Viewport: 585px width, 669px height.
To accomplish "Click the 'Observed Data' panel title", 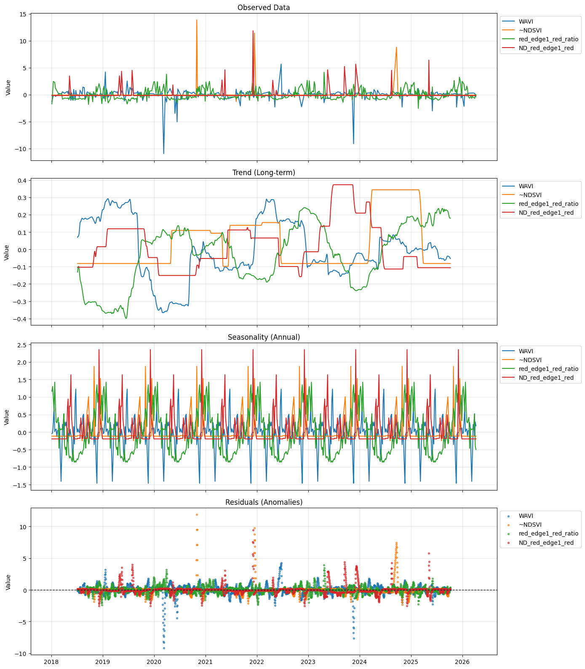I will click(264, 8).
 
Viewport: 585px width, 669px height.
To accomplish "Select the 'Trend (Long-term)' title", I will click(264, 173).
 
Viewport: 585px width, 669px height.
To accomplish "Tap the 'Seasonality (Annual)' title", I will click(264, 337).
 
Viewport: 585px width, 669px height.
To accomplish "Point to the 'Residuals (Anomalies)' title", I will click(264, 502).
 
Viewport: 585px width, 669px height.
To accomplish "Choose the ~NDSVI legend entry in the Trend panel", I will click(530, 195).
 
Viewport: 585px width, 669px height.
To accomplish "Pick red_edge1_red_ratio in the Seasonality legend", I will click(548, 369).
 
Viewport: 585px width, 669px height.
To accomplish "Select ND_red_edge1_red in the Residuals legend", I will click(546, 543).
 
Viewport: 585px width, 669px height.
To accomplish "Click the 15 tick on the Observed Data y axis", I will click(22, 14).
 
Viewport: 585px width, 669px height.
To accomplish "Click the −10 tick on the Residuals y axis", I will click(20, 653).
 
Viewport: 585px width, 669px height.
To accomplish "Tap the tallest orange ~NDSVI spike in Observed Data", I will click(197, 20).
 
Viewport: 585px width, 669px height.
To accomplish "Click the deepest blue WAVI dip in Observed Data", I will click(164, 153).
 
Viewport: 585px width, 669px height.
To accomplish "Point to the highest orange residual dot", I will click(197, 514).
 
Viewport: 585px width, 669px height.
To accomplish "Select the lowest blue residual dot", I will click(164, 648).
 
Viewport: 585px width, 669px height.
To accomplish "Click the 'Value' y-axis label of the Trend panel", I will click(7, 252).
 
